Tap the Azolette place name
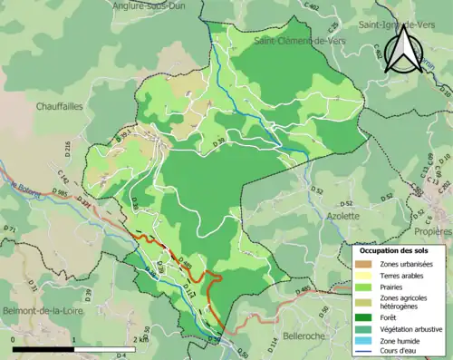click(342, 217)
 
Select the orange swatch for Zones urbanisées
click(367, 263)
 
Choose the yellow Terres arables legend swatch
click(367, 274)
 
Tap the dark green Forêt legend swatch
click(367, 316)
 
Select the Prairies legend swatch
click(367, 285)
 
